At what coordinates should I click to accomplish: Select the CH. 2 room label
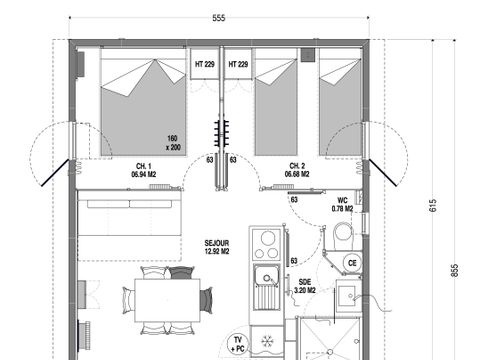296,165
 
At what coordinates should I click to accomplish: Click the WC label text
342,200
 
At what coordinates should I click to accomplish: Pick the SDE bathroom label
305,282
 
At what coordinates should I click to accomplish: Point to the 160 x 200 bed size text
175,141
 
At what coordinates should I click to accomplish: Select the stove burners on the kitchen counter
268,240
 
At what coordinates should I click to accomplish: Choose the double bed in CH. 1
140,105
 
